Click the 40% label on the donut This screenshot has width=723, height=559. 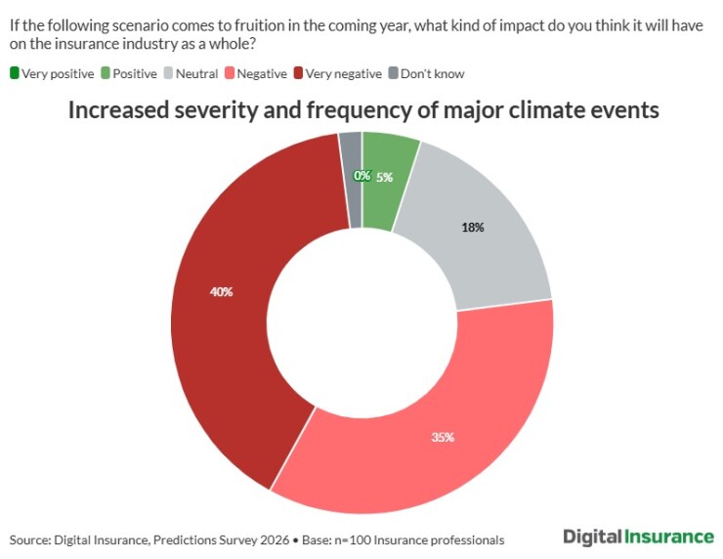point(221,291)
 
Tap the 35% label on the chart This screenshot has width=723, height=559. point(443,437)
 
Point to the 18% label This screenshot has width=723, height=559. point(473,227)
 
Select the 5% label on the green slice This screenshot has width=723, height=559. point(384,177)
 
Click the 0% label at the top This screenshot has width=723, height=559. point(361,176)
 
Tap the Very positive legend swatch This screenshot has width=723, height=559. point(15,72)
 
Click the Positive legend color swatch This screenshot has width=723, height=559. point(105,72)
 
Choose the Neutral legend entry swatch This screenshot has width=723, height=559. point(167,72)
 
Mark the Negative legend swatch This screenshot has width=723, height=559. point(229,72)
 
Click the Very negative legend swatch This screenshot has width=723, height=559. point(298,72)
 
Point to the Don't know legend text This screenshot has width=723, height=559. point(432,73)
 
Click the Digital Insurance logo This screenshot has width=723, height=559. point(638,537)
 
